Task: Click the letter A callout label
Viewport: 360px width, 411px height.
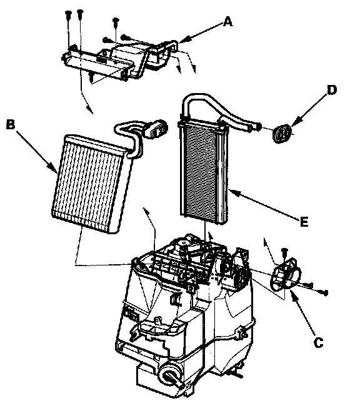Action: (x=228, y=21)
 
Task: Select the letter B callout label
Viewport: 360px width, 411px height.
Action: (x=11, y=124)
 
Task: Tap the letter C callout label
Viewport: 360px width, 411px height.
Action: (x=318, y=342)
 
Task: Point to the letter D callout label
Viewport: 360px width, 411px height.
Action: (x=332, y=90)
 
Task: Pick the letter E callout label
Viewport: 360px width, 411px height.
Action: (x=304, y=222)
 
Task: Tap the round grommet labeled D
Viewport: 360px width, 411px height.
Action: (x=282, y=134)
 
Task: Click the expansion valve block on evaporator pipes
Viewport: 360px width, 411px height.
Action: (x=157, y=129)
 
